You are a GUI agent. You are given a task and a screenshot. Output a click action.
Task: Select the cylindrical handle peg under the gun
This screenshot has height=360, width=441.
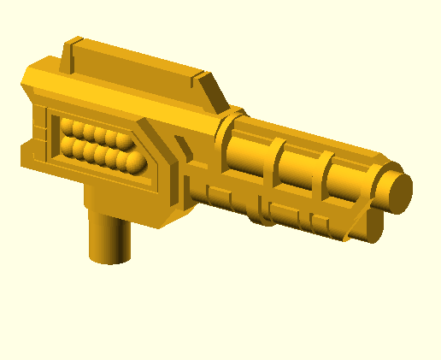pos(110,237)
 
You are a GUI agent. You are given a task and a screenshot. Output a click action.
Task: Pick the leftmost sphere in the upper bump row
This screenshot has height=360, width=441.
pos(68,129)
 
